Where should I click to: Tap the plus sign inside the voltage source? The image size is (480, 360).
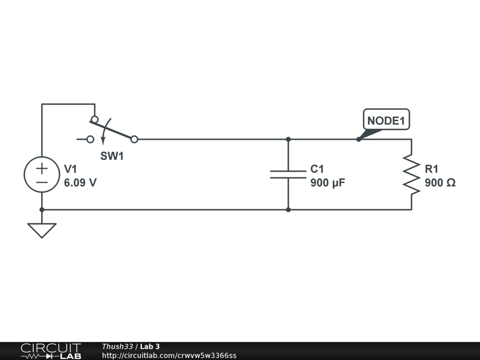[x=42, y=167]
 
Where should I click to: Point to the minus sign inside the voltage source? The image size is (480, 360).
[x=42, y=182]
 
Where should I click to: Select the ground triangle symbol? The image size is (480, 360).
[x=42, y=230]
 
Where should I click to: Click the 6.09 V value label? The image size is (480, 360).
[x=80, y=183]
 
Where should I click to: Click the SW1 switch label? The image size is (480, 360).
[x=112, y=157]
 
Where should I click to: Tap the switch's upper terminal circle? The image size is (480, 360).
[x=95, y=120]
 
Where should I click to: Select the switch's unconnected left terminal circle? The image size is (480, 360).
[x=90, y=139]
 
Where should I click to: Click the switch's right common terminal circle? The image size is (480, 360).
[x=134, y=139]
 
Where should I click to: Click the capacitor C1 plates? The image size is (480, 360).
[x=288, y=174]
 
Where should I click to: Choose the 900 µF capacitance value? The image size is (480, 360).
[x=328, y=183]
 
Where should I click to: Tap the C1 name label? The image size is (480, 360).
[x=317, y=169]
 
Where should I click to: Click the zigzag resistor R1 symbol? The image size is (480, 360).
[x=411, y=174]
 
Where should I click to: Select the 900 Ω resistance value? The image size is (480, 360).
[x=440, y=183]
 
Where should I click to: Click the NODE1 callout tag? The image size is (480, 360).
[x=386, y=120]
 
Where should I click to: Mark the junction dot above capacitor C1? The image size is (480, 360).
[x=288, y=139]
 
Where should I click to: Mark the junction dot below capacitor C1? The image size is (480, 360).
[x=288, y=210]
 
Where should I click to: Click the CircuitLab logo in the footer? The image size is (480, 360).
[x=51, y=351]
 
